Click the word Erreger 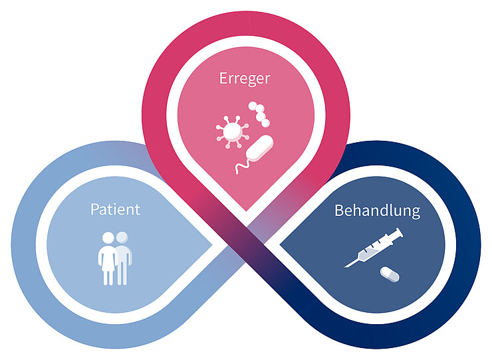pyautogui.click(x=245, y=78)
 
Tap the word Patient pyautogui.click(x=115, y=209)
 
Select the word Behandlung pyautogui.click(x=377, y=211)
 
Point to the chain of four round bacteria pyautogui.click(x=260, y=114)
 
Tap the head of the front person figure pyautogui.click(x=107, y=236)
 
